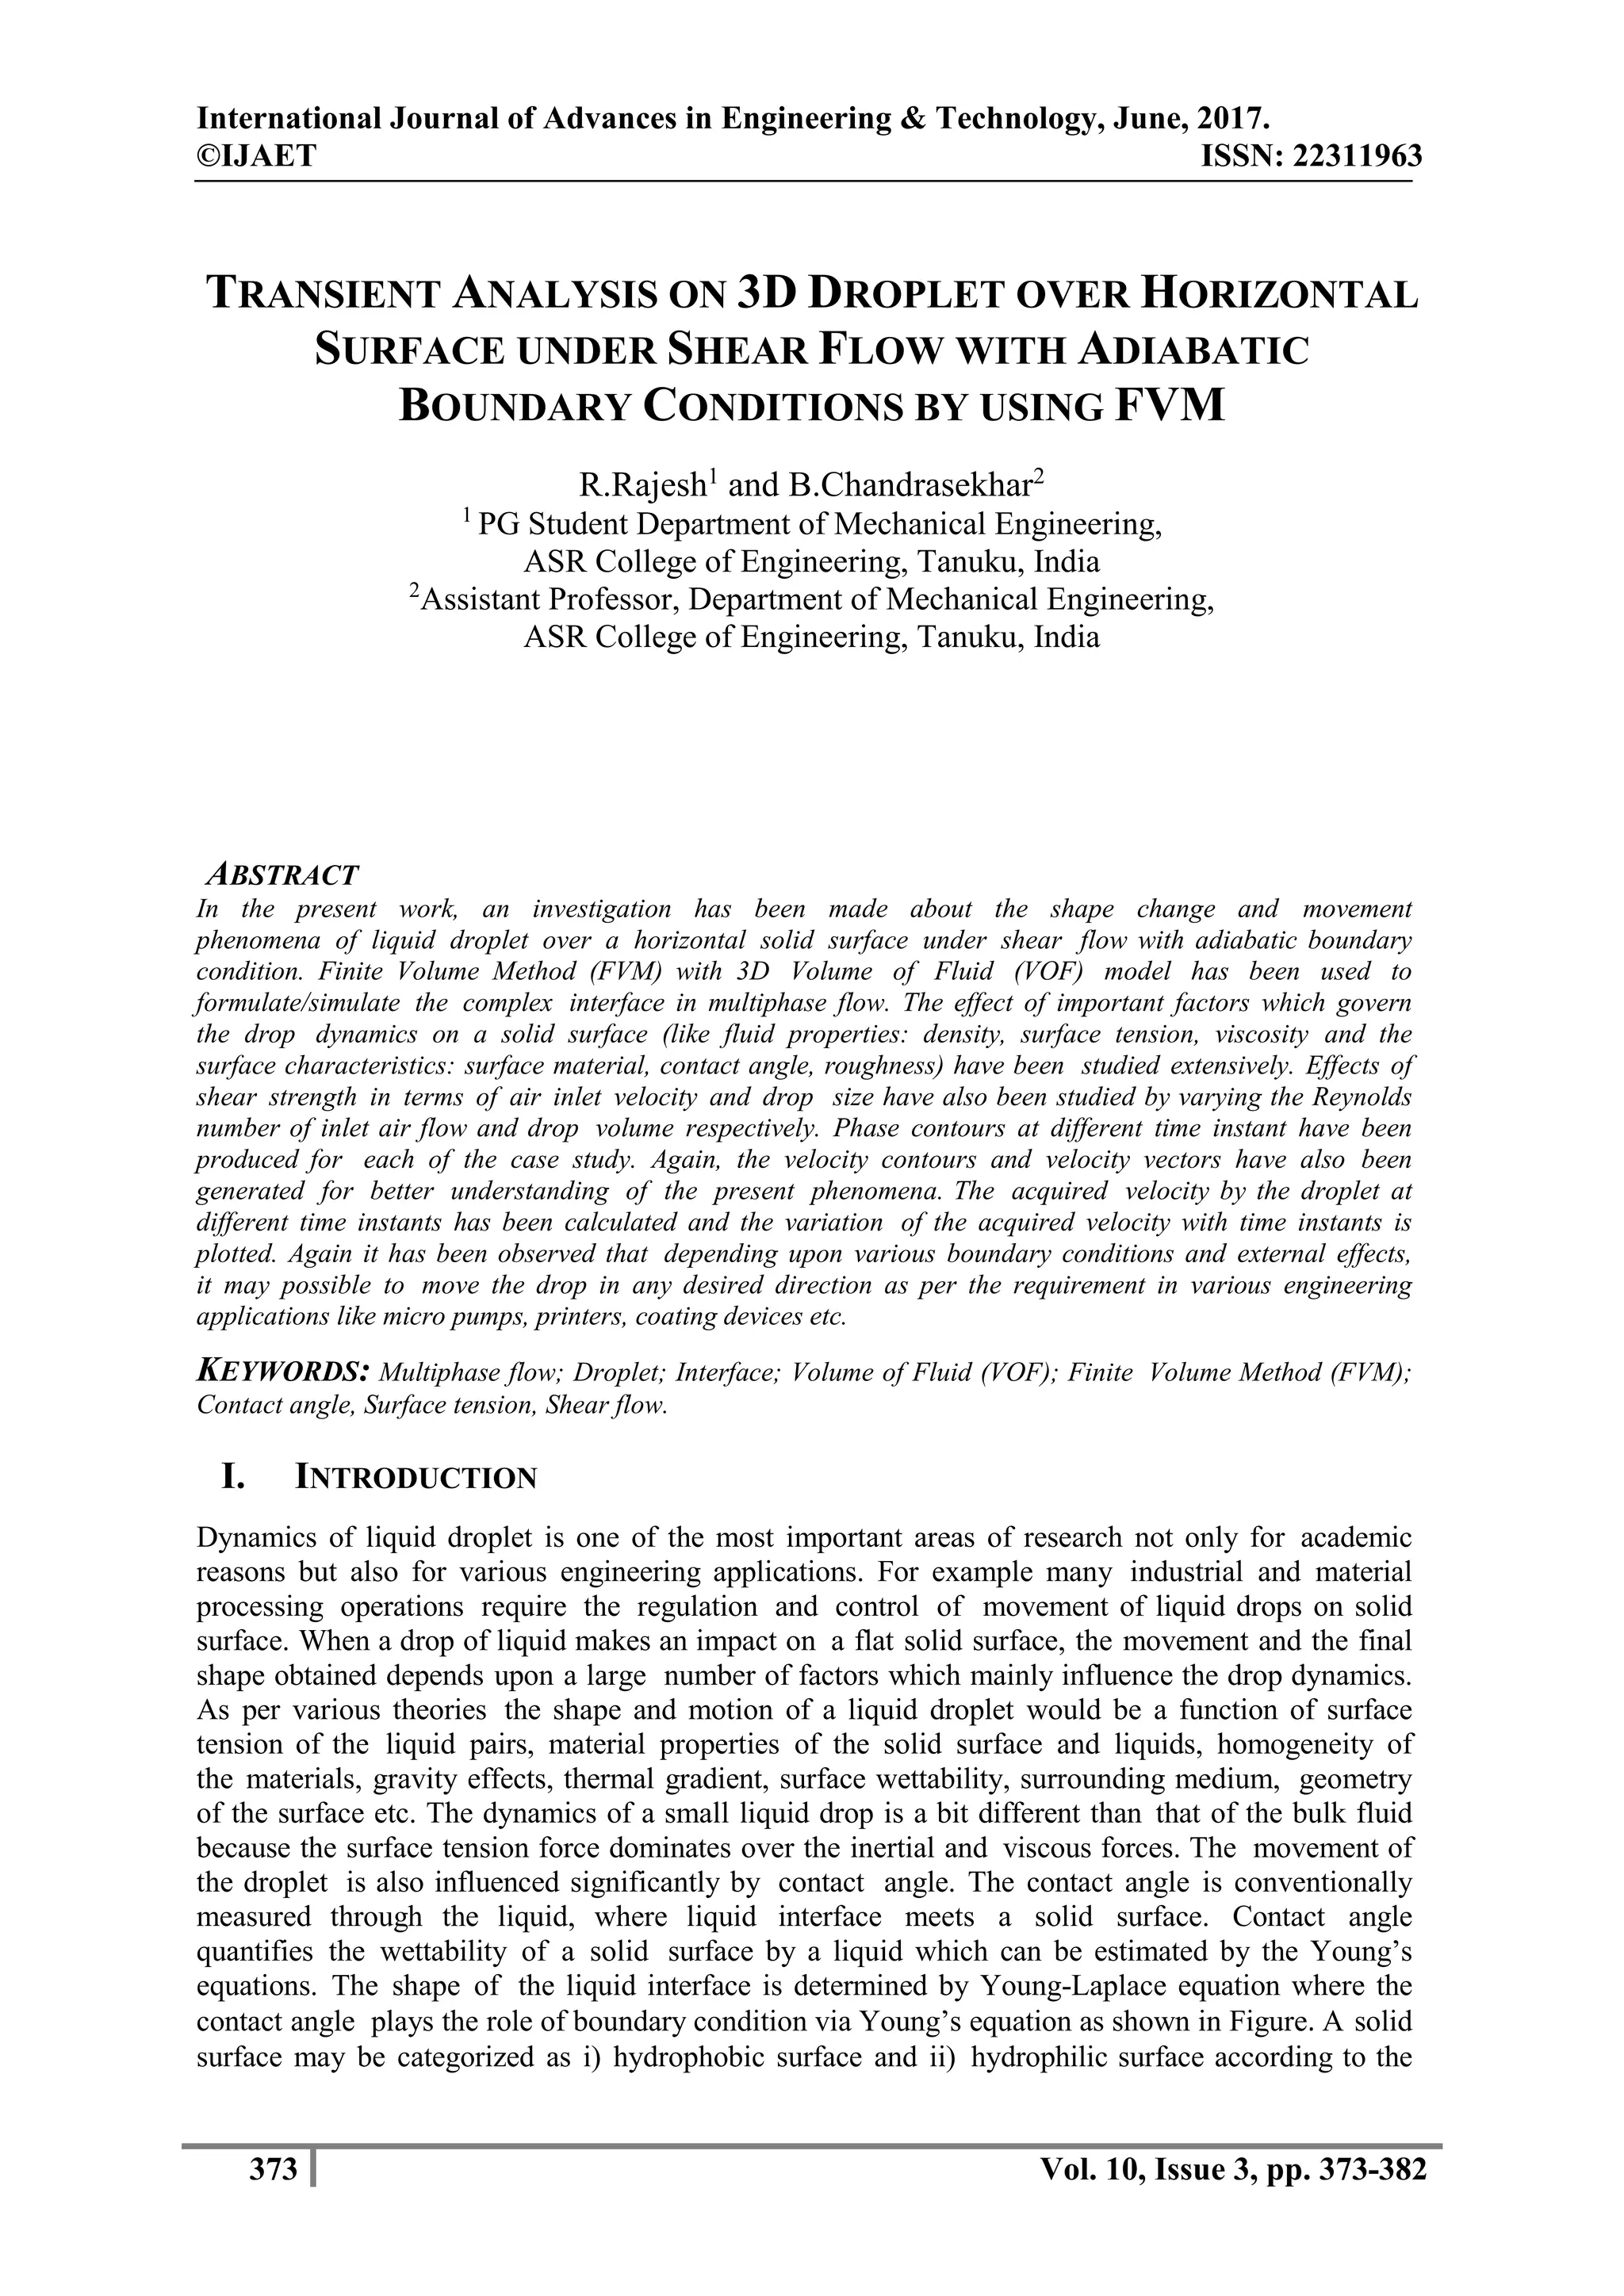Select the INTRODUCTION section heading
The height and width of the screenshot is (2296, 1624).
(416, 1478)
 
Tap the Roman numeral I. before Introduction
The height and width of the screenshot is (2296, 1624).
(233, 1477)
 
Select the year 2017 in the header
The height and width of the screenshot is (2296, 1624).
(1237, 120)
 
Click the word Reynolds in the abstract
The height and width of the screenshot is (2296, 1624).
(1364, 1097)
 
